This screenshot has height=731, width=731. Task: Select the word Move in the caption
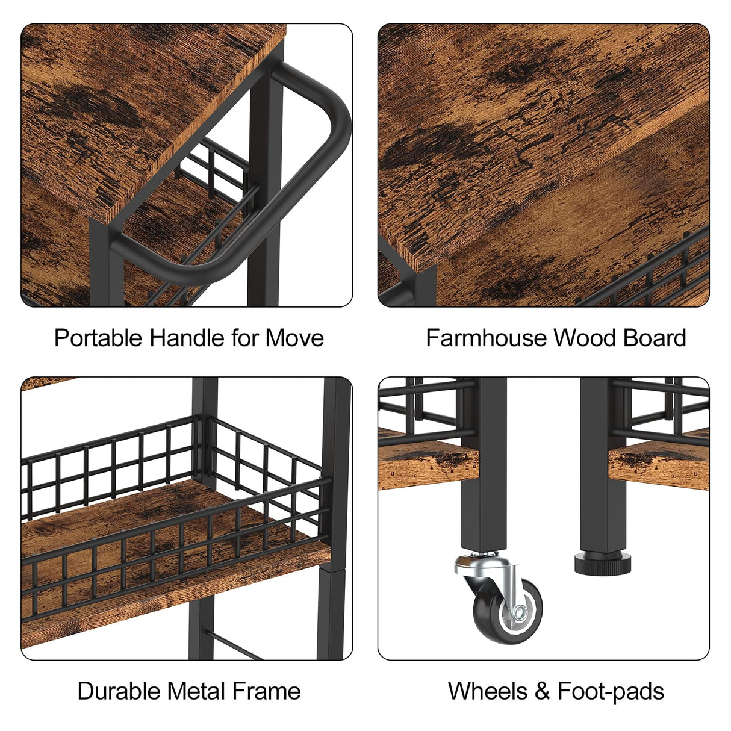click(294, 338)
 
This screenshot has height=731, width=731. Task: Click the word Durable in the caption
click(119, 691)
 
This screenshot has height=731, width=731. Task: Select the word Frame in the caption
click(266, 691)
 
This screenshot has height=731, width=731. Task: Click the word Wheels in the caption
click(488, 691)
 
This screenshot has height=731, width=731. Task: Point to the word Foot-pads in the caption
click(611, 691)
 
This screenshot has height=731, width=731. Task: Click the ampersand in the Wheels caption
click(543, 691)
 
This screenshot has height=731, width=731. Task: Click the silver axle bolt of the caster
click(519, 611)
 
